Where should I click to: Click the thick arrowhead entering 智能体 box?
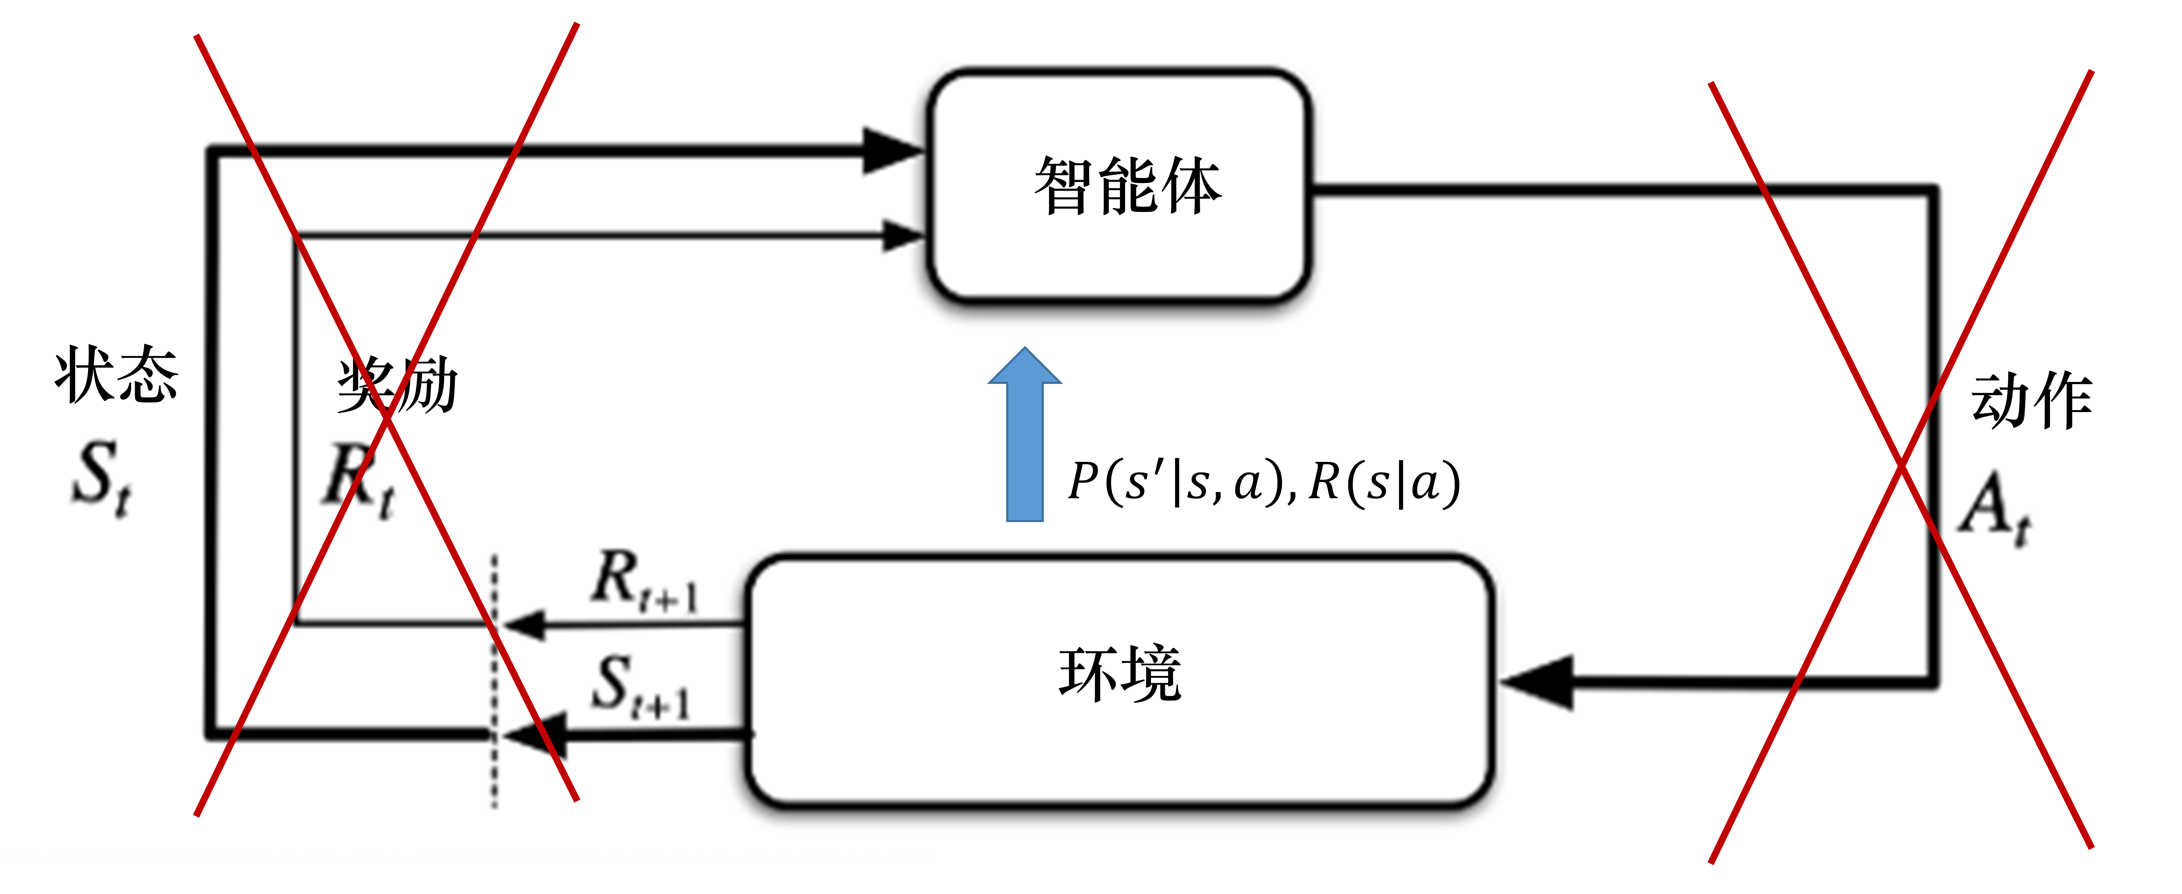point(891,151)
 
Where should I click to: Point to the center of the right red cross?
point(1902,466)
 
